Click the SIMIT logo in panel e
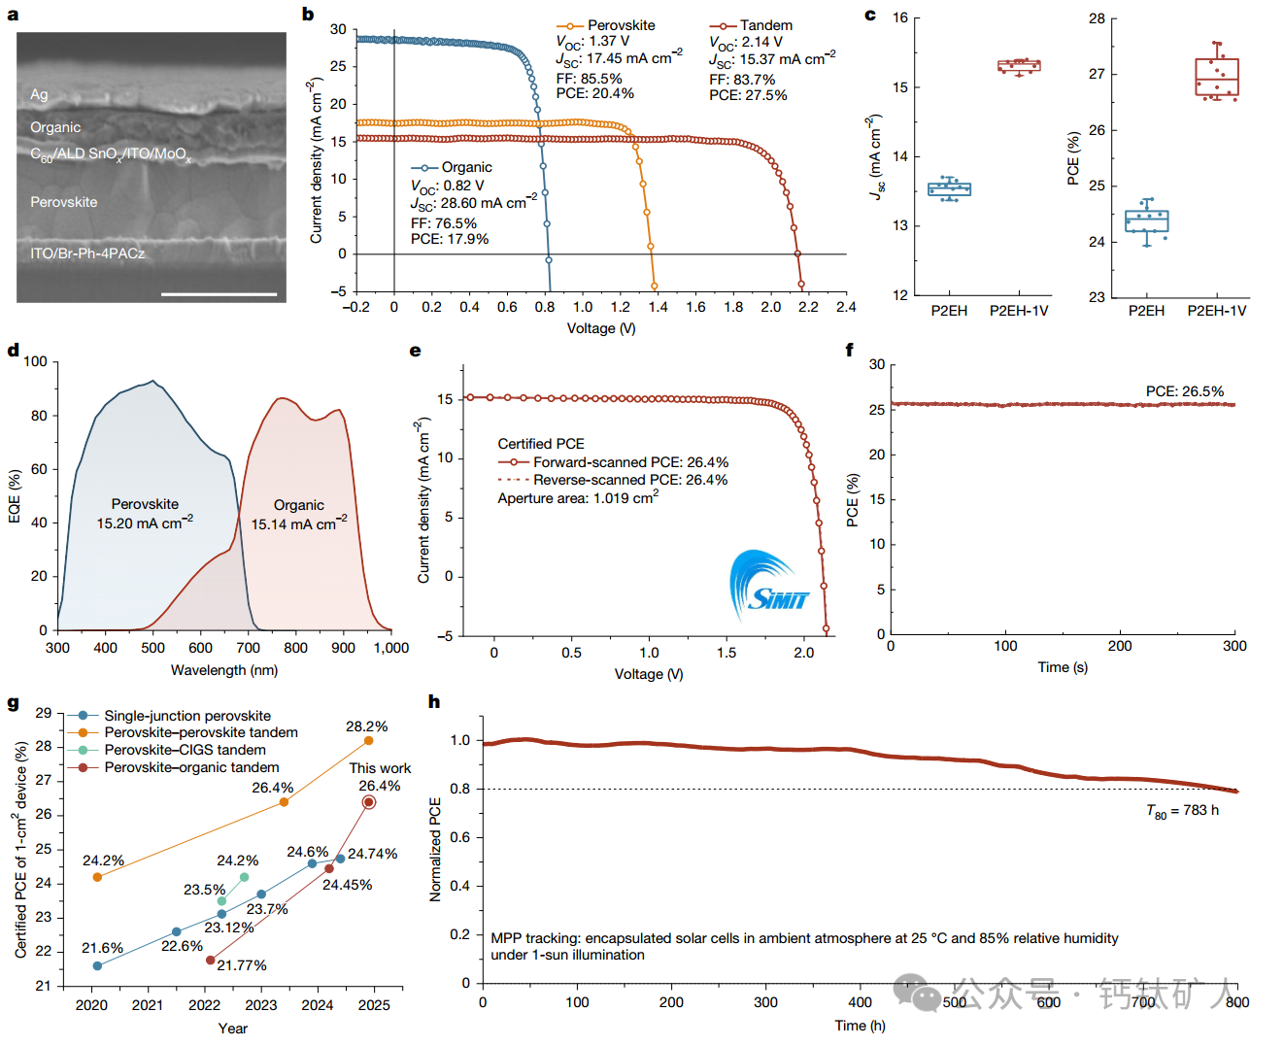[768, 587]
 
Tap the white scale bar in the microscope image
[219, 293]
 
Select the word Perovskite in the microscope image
[64, 202]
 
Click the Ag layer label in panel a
[39, 94]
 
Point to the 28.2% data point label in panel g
[366, 726]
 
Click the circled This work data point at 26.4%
[368, 802]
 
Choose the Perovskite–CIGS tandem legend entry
[185, 750]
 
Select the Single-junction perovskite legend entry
[187, 716]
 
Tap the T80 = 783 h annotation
[1182, 811]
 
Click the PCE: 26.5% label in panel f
[1184, 391]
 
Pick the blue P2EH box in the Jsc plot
[949, 189]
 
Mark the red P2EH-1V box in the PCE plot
[1217, 78]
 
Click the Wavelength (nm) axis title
[224, 670]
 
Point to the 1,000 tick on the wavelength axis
[391, 648]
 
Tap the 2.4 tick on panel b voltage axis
[846, 307]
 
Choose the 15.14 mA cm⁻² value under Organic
[298, 524]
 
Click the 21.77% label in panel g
[242, 965]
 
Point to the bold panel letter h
[434, 701]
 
